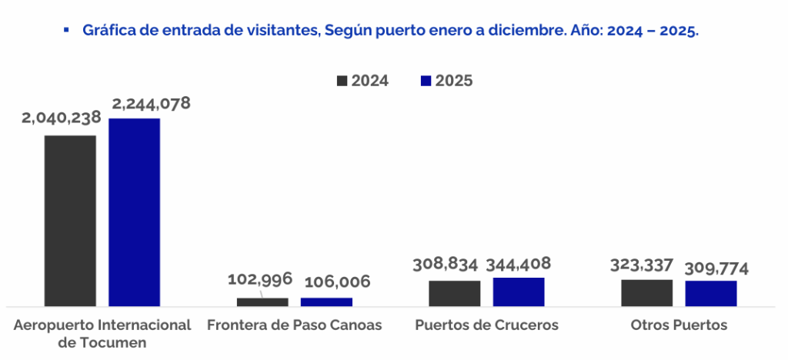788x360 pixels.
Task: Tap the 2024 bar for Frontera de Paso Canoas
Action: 262,302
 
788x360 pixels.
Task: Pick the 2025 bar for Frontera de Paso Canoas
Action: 326,302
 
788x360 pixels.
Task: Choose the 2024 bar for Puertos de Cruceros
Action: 455,293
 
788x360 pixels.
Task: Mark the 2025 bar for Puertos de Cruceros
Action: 519,292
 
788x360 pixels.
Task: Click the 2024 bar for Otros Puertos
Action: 647,292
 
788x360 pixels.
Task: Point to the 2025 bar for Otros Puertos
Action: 711,293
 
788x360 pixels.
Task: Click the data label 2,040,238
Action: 62,118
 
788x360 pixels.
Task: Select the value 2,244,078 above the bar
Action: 151,103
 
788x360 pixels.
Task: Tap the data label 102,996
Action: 260,279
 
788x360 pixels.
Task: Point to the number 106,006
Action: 336,282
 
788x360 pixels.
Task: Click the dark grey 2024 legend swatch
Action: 342,81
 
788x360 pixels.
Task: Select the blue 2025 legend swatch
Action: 426,81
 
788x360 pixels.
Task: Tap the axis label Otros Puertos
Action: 679,325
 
